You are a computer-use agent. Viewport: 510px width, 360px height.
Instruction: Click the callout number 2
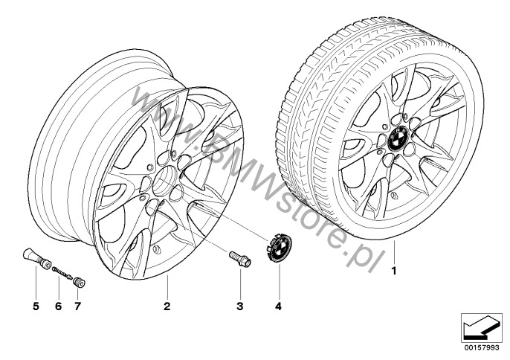[167, 306]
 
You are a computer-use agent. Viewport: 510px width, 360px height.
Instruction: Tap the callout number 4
[279, 306]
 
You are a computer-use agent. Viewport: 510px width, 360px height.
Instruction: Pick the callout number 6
[57, 306]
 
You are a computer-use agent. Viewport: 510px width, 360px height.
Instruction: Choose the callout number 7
[77, 306]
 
